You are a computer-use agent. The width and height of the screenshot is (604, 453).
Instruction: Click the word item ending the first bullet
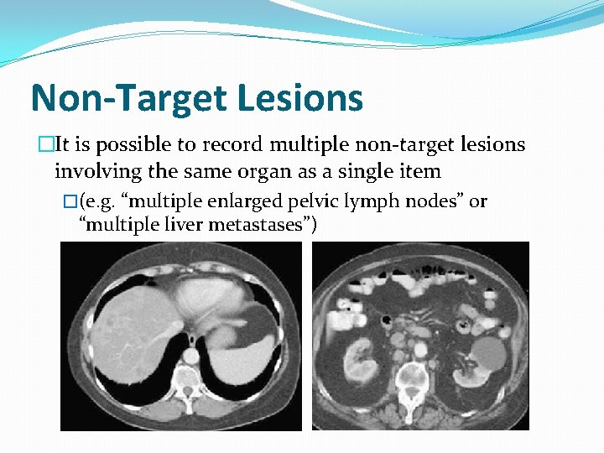422,172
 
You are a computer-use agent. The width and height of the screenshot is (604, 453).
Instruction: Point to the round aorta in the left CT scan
193,356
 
